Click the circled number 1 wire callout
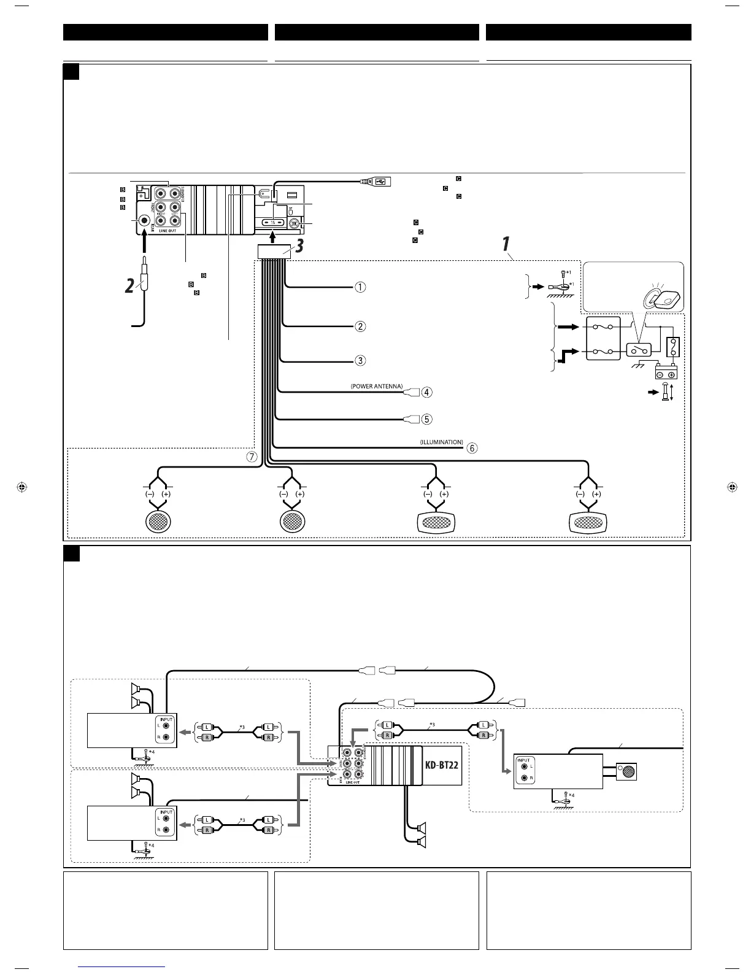[361, 287]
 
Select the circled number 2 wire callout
[361, 326]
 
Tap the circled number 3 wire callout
[361, 360]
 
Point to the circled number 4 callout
[426, 392]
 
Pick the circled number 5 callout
[426, 419]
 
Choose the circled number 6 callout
[472, 448]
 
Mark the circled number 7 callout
[252, 457]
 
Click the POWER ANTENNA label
[377, 387]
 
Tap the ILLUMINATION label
[442, 442]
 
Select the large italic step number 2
[129, 285]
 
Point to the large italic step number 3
[299, 247]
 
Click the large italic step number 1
[506, 244]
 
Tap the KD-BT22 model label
[442, 766]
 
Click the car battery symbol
[666, 372]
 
